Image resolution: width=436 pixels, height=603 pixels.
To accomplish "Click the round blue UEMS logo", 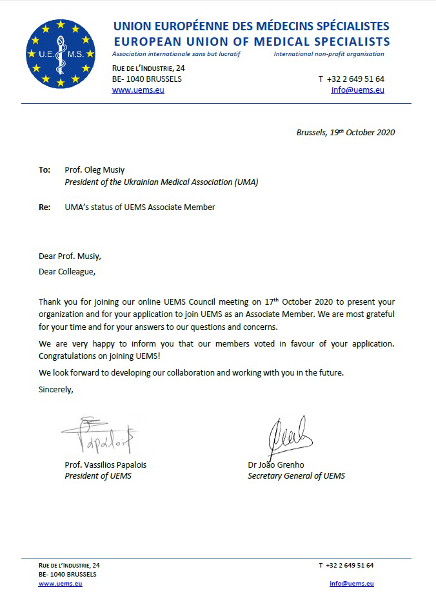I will click(x=61, y=53).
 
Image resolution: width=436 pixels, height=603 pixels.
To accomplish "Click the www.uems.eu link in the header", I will click(x=138, y=90).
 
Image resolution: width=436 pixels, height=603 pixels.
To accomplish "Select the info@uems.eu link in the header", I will click(x=357, y=90).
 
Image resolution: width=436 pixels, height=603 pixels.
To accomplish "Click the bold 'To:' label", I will click(x=45, y=170).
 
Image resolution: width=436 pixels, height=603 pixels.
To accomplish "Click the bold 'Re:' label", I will click(x=45, y=207).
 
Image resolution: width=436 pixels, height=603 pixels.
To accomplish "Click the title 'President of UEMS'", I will click(x=98, y=476).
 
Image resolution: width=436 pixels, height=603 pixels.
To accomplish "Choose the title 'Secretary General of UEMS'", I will click(x=296, y=476).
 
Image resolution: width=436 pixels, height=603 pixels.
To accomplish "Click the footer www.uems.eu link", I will click(x=60, y=584).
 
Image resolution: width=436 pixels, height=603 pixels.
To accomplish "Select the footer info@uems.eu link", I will click(x=352, y=584).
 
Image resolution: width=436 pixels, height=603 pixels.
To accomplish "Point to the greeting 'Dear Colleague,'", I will click(x=66, y=271).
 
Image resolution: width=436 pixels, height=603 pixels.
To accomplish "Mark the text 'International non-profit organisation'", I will click(x=329, y=54).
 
